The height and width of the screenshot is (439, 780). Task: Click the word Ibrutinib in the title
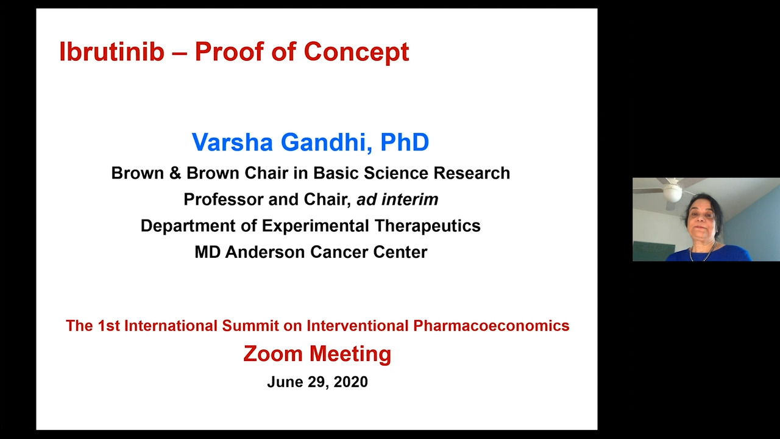112,52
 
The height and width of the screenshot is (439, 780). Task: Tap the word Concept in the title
356,52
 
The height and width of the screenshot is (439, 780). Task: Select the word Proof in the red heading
230,52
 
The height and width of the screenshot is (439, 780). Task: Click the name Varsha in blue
232,142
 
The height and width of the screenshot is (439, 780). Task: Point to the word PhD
405,142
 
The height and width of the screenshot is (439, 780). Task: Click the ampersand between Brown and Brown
175,173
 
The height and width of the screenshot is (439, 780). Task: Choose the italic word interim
409,199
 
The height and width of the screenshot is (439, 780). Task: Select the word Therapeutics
428,226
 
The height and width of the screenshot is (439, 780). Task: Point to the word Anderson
265,252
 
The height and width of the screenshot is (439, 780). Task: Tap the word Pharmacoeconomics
491,326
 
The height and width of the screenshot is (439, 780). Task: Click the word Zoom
273,354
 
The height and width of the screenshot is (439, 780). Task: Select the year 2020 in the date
350,382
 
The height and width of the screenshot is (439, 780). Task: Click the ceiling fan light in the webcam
672,193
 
